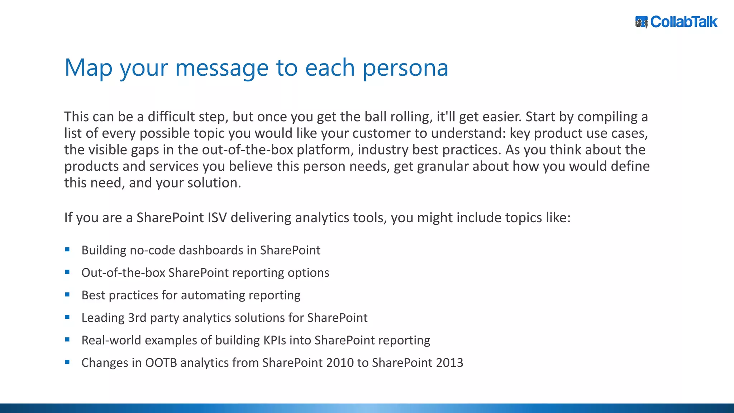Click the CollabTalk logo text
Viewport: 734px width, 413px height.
click(683, 22)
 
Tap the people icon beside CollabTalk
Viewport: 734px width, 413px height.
click(641, 22)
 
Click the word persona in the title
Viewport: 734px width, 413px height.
click(405, 68)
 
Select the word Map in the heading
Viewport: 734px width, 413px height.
click(88, 68)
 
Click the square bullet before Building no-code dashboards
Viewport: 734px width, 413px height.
click(67, 250)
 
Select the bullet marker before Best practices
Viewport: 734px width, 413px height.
click(67, 295)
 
